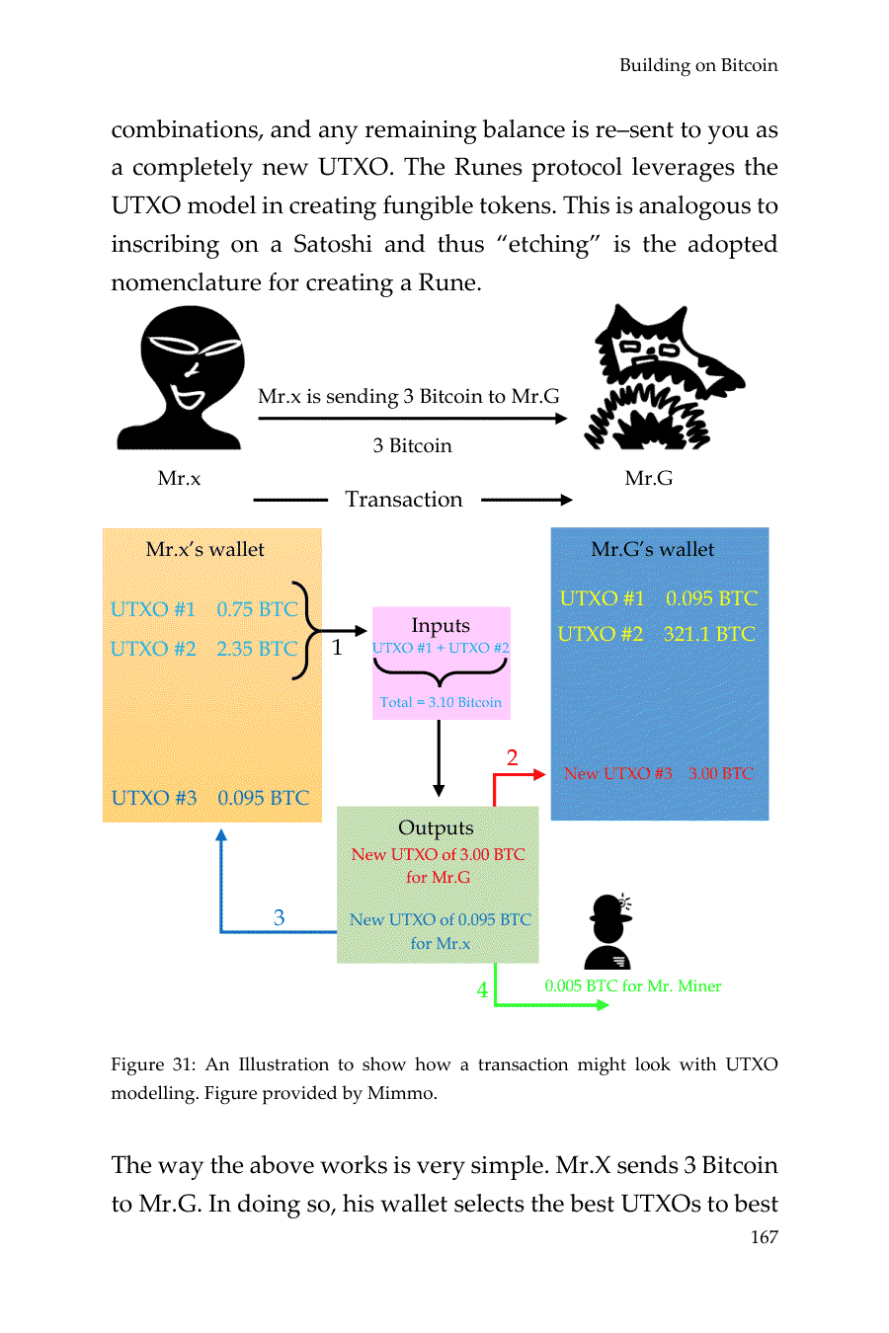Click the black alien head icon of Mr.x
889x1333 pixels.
(x=184, y=376)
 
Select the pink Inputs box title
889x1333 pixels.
(x=441, y=626)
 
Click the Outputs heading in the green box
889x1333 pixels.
(x=436, y=828)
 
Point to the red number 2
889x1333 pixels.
(x=512, y=757)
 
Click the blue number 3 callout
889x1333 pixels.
(x=279, y=918)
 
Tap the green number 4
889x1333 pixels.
(x=482, y=989)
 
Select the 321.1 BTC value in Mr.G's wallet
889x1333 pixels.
(x=709, y=634)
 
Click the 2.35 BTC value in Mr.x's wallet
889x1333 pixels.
(x=257, y=649)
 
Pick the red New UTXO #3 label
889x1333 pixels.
(x=617, y=773)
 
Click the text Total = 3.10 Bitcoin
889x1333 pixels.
(x=441, y=702)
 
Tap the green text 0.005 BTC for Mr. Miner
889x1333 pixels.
(x=632, y=985)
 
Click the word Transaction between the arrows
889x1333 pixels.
(x=404, y=500)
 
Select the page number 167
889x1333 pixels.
(x=764, y=1237)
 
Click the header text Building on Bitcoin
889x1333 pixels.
(x=698, y=65)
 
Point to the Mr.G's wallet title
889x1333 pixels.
(x=652, y=549)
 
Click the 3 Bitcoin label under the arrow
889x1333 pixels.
(x=412, y=445)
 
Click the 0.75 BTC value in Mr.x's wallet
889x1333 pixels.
(x=257, y=609)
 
